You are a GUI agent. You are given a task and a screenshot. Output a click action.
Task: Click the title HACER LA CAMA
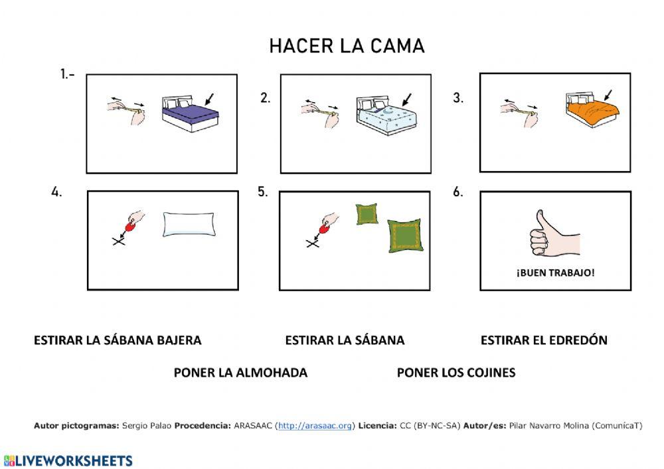pos(347,46)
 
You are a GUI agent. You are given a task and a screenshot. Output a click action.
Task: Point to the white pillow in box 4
pos(189,224)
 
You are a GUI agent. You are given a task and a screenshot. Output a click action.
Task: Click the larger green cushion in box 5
pos(405,235)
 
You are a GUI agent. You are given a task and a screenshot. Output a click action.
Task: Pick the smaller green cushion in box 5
pos(366,214)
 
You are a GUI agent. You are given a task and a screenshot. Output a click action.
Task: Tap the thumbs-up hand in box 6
pos(553,234)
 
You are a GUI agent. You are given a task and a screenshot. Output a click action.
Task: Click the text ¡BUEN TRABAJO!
pos(555,273)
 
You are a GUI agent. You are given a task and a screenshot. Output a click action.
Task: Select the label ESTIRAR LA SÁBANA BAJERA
pos(118,340)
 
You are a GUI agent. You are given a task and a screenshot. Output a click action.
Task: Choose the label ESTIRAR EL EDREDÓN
pos(544,340)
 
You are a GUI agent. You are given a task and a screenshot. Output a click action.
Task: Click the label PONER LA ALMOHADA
pos(240,373)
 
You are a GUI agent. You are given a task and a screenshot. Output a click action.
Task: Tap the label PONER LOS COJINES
pos(456,373)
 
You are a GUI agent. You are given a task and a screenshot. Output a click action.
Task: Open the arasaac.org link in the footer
pos(315,426)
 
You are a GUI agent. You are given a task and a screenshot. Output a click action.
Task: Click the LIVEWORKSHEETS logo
pos(68,460)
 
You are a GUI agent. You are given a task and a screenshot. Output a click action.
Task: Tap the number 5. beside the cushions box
pos(263,192)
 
